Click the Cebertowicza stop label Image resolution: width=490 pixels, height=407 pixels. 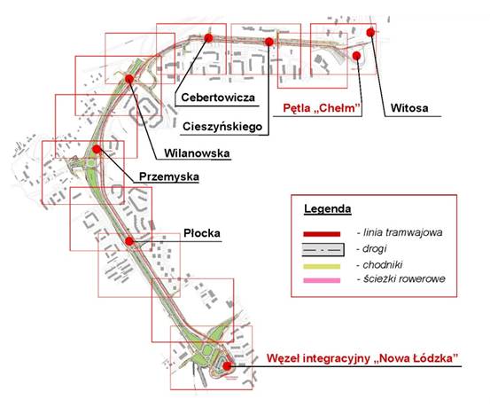coord(218,98)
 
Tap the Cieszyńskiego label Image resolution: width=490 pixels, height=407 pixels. coord(222,127)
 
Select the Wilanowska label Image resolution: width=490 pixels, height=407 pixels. coord(197,153)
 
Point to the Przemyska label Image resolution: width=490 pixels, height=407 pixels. coord(169,176)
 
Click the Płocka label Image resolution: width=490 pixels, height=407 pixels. coord(202,233)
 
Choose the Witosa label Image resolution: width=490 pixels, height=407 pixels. coord(409,108)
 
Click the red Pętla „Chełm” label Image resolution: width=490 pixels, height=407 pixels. coord(322,108)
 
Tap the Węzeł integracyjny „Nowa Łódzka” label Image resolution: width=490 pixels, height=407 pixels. coord(362,358)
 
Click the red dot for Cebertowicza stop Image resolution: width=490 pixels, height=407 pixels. coord(208,38)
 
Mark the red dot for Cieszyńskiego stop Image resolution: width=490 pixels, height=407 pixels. coord(269,42)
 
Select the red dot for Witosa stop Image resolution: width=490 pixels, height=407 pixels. coord(370,32)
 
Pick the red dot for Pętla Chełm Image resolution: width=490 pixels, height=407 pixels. coord(356,56)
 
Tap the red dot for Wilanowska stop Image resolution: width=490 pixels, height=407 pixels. coord(129,79)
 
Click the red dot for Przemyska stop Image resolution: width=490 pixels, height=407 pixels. coord(97,149)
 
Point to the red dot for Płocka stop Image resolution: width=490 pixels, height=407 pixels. coord(129,241)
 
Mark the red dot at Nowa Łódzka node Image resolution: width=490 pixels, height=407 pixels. coord(227,365)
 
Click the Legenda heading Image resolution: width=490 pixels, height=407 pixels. coord(328,208)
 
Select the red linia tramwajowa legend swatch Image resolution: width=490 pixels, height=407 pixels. coord(322,234)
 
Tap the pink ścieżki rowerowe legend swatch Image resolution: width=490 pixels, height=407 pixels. coord(322,280)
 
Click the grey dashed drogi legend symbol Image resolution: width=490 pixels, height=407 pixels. coord(323,250)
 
